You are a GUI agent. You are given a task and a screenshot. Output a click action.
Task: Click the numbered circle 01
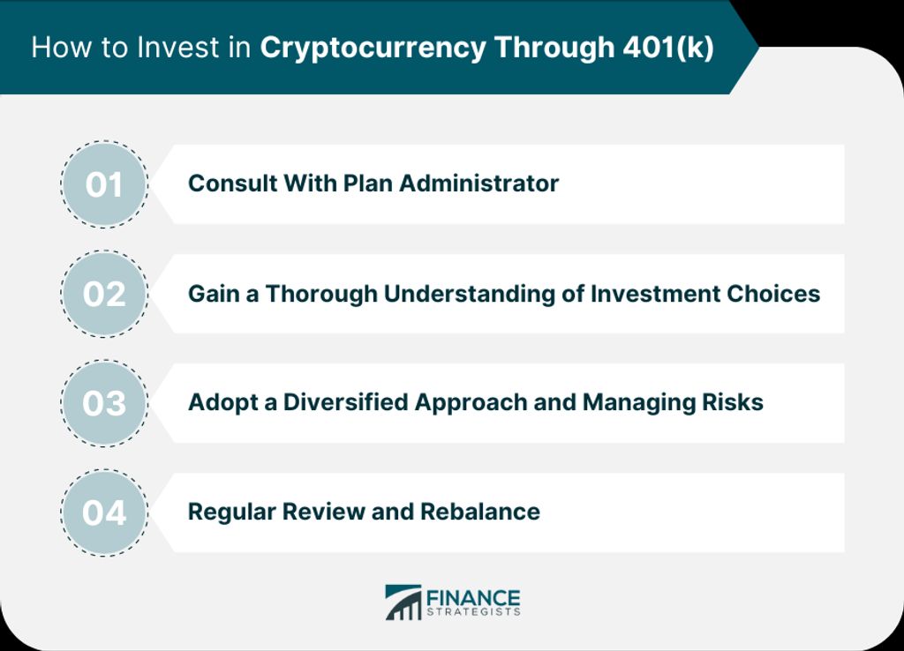(x=104, y=184)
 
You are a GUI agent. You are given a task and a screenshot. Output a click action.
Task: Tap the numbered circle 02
(x=104, y=294)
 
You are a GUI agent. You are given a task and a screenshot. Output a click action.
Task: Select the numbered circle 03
(x=104, y=403)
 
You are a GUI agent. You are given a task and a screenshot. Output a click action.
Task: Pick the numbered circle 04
(x=104, y=513)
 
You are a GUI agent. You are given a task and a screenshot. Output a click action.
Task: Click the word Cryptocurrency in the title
(x=373, y=49)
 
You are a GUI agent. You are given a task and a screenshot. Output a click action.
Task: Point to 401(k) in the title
(x=668, y=48)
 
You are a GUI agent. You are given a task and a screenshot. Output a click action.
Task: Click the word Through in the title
(x=554, y=49)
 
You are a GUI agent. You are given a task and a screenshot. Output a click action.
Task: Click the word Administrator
(x=479, y=183)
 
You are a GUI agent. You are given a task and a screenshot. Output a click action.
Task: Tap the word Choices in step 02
(x=773, y=294)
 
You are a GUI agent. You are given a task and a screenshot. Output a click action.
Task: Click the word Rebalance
(x=479, y=512)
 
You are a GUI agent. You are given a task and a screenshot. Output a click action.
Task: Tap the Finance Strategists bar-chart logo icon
(x=403, y=602)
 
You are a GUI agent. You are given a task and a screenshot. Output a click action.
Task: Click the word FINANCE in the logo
(x=473, y=597)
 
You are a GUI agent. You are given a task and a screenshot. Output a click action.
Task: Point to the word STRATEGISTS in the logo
(x=473, y=612)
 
